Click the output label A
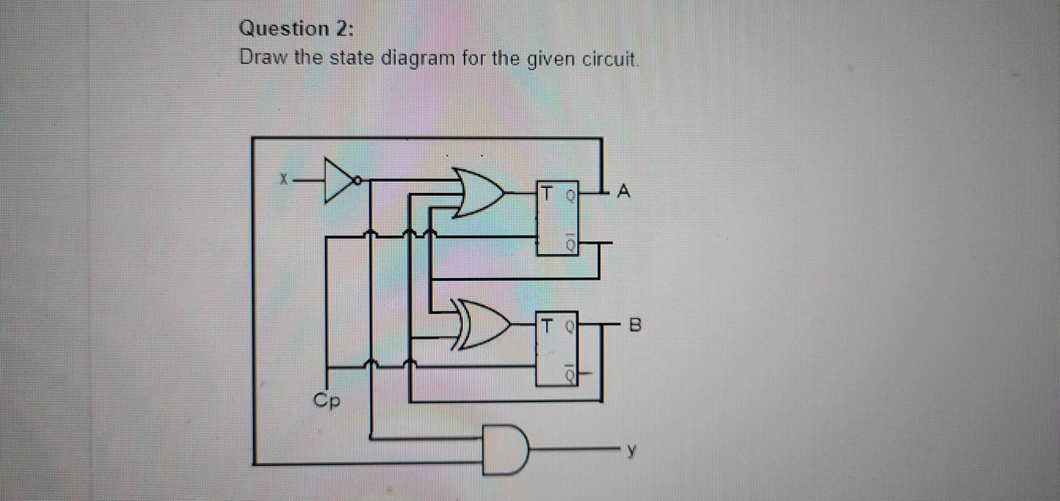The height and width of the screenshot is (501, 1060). coord(623,191)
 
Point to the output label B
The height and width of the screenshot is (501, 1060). coord(635,325)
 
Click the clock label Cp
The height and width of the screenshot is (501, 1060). coord(327,400)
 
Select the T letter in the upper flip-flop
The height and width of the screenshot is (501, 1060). coord(547,194)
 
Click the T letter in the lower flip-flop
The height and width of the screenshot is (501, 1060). coord(546,326)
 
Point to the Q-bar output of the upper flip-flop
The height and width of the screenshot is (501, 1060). coord(571,243)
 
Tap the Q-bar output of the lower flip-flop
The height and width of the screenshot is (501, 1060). coord(570,375)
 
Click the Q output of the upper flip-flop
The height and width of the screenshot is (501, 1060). coord(571,194)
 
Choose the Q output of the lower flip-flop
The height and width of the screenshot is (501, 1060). coord(570,326)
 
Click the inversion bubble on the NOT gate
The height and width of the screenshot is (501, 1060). coord(358,180)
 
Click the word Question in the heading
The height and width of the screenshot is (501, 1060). coord(284,29)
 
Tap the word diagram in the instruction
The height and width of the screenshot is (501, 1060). coord(418,58)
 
